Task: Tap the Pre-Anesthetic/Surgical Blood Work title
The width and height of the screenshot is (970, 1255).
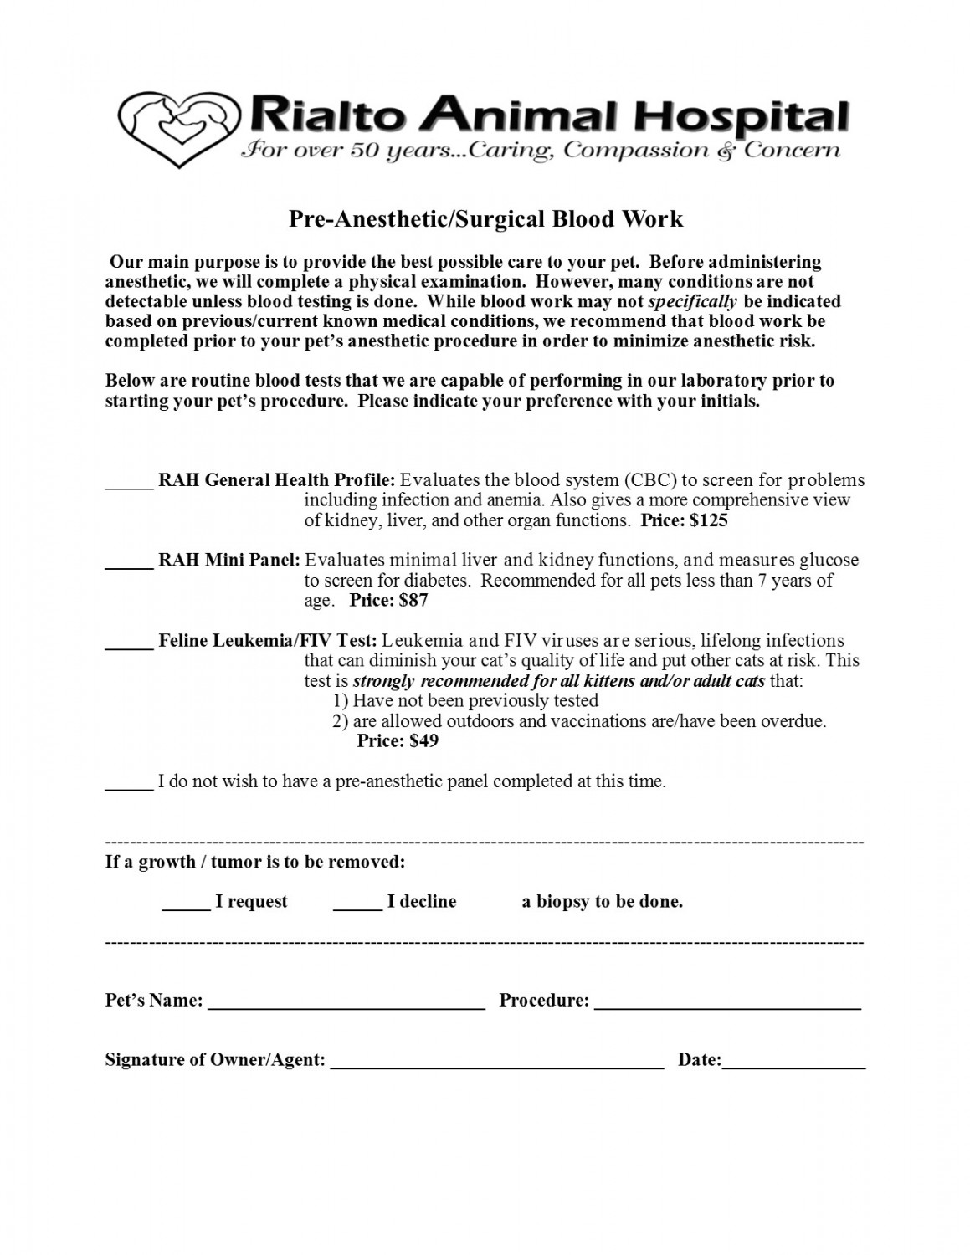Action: pyautogui.click(x=485, y=219)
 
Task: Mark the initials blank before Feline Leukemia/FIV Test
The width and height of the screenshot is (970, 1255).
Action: pyautogui.click(x=129, y=645)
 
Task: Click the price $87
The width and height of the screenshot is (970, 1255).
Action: pyautogui.click(x=413, y=600)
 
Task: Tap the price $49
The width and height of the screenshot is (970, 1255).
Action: pyautogui.click(x=423, y=740)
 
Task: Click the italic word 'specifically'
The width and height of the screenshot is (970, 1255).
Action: pyautogui.click(x=692, y=301)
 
